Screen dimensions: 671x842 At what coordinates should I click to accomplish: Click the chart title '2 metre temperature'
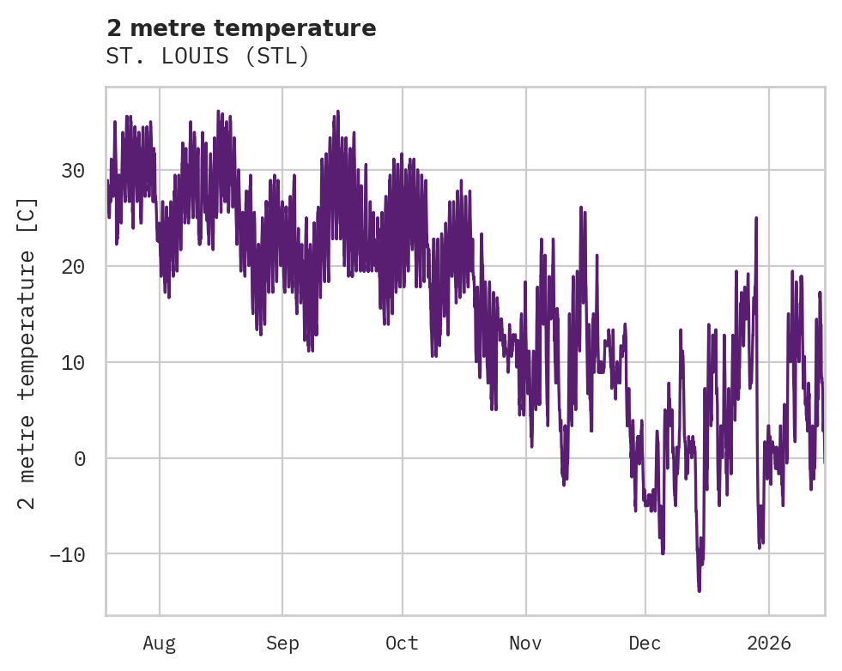pyautogui.click(x=241, y=28)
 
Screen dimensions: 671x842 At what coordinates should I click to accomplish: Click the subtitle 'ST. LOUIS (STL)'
pyautogui.click(x=207, y=56)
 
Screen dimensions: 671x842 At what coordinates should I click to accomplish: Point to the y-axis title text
pyautogui.click(x=27, y=352)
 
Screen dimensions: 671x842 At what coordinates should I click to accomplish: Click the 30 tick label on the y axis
pyautogui.click(x=73, y=171)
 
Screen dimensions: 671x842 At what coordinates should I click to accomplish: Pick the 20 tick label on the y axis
pyautogui.click(x=73, y=267)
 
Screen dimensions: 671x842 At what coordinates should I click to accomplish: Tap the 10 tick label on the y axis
pyautogui.click(x=73, y=362)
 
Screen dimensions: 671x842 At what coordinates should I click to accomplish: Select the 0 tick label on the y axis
pyautogui.click(x=79, y=458)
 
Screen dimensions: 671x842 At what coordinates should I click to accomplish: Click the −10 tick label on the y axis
pyautogui.click(x=67, y=554)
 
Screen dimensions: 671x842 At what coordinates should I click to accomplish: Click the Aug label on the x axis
pyautogui.click(x=159, y=643)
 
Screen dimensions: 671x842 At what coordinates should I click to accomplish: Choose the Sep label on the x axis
pyautogui.click(x=282, y=643)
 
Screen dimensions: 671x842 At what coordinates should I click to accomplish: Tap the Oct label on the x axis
pyautogui.click(x=402, y=643)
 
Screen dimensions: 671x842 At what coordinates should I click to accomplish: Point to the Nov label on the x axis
pyautogui.click(x=525, y=643)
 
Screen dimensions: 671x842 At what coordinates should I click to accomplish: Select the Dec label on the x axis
pyautogui.click(x=645, y=643)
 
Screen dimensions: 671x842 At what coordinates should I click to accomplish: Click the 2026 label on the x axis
pyautogui.click(x=768, y=643)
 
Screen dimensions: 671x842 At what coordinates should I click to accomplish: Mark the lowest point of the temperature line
pyautogui.click(x=699, y=590)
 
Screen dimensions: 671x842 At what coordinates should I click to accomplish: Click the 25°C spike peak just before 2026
pyautogui.click(x=756, y=218)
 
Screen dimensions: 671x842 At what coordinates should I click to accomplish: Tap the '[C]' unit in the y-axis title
pyautogui.click(x=27, y=215)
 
